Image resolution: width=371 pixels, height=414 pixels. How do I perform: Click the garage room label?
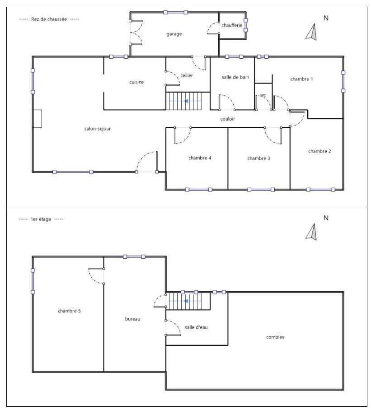(x=174, y=34)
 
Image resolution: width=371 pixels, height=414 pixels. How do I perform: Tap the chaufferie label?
(x=232, y=25)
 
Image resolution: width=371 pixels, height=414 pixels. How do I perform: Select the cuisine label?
(x=136, y=82)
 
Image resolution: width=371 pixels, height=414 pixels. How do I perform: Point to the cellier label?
(x=187, y=75)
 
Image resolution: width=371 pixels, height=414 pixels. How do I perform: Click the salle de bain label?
(x=235, y=77)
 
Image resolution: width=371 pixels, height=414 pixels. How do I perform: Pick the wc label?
(x=263, y=95)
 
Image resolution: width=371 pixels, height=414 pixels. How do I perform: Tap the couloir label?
(x=227, y=119)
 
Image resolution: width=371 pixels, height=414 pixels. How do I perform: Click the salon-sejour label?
(x=98, y=129)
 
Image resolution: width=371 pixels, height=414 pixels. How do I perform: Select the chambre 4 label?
(x=200, y=158)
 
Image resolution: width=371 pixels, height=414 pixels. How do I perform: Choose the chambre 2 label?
(x=319, y=151)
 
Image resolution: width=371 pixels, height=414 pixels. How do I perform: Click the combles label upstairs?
(x=275, y=337)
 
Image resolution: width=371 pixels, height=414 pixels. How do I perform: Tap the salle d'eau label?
(x=196, y=327)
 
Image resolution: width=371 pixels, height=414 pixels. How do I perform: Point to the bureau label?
(x=133, y=319)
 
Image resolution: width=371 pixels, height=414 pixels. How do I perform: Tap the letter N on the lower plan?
(x=326, y=218)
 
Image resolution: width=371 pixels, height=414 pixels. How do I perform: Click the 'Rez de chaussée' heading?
(x=49, y=19)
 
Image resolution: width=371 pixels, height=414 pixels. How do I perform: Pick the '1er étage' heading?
(x=41, y=219)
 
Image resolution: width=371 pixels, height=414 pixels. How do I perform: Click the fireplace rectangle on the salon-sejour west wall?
(x=37, y=119)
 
